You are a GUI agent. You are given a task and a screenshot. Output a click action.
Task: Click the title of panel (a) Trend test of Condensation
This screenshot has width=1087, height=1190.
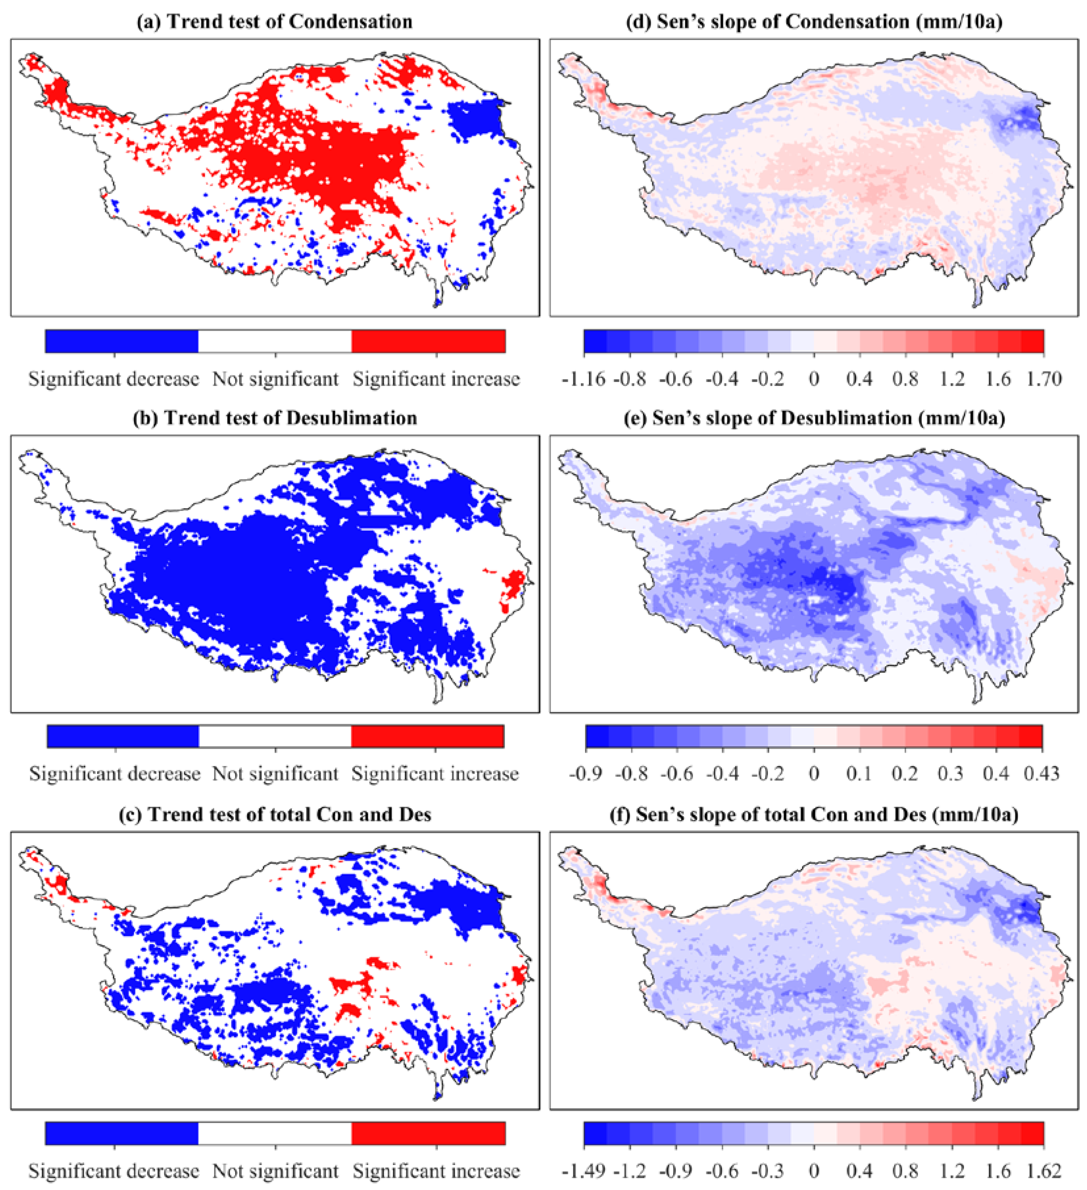(x=275, y=22)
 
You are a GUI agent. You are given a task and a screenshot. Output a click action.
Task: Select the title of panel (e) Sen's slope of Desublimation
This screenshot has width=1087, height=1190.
(x=814, y=418)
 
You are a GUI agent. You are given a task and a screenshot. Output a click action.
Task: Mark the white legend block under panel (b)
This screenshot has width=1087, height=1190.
(x=275, y=736)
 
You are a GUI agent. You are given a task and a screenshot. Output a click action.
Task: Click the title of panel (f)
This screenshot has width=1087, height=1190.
(x=814, y=815)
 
